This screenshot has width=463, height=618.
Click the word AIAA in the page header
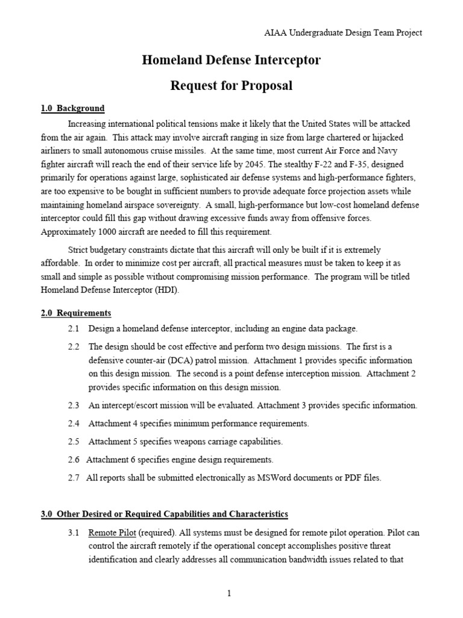(x=274, y=33)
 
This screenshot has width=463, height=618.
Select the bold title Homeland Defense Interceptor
(x=231, y=60)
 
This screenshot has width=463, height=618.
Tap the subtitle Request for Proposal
(x=231, y=86)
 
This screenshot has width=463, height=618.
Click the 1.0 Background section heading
(x=72, y=109)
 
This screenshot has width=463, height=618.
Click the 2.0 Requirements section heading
(x=76, y=313)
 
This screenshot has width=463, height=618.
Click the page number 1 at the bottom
(x=230, y=594)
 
